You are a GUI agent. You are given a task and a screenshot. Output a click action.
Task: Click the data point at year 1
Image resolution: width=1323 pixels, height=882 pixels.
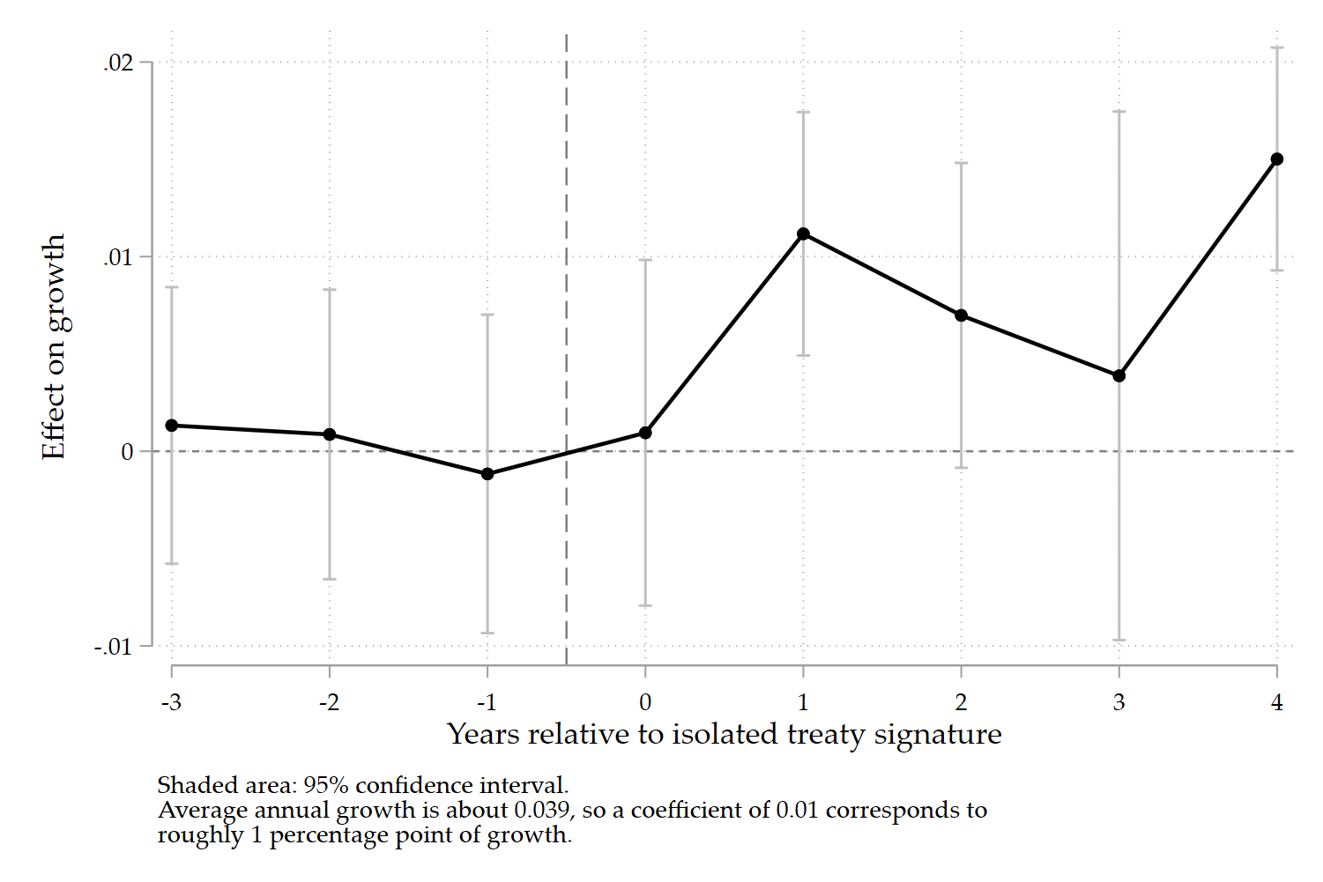click(803, 234)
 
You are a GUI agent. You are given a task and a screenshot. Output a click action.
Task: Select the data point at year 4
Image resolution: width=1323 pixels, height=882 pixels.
click(1276, 159)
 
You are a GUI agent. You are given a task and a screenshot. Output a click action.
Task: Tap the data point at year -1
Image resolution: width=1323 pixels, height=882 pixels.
click(487, 474)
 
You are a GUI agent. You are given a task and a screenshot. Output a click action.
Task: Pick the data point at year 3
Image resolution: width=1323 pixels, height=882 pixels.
click(1119, 376)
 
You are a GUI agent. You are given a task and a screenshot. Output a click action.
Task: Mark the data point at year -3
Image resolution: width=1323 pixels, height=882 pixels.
click(172, 426)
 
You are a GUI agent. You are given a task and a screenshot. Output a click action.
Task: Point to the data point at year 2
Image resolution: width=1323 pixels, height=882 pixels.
click(961, 315)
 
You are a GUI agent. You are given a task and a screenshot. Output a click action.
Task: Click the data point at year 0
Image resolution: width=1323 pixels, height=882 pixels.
click(645, 433)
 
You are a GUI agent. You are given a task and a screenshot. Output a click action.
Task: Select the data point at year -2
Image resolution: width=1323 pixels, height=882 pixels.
click(330, 434)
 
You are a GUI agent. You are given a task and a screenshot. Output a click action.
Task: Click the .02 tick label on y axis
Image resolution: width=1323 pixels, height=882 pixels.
click(117, 63)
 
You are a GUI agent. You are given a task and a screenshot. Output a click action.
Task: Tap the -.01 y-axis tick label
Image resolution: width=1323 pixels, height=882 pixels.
click(114, 647)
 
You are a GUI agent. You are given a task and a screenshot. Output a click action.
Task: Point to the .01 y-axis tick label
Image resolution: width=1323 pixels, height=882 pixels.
click(117, 257)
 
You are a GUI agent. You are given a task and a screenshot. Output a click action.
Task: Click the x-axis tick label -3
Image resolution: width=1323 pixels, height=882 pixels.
click(171, 702)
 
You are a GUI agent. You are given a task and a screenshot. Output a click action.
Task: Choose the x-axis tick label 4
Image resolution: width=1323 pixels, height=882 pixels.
click(1276, 702)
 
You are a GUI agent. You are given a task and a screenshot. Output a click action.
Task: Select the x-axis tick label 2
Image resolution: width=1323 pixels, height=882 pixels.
click(961, 702)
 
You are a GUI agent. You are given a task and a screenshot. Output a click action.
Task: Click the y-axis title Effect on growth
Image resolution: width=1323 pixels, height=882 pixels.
click(54, 346)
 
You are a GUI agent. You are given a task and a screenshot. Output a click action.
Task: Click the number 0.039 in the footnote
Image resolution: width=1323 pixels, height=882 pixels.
click(541, 810)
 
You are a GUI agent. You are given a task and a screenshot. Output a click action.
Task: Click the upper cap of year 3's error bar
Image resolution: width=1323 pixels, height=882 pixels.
click(1119, 112)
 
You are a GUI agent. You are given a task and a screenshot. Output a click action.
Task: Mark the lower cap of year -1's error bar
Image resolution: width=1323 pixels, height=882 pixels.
click(487, 633)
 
